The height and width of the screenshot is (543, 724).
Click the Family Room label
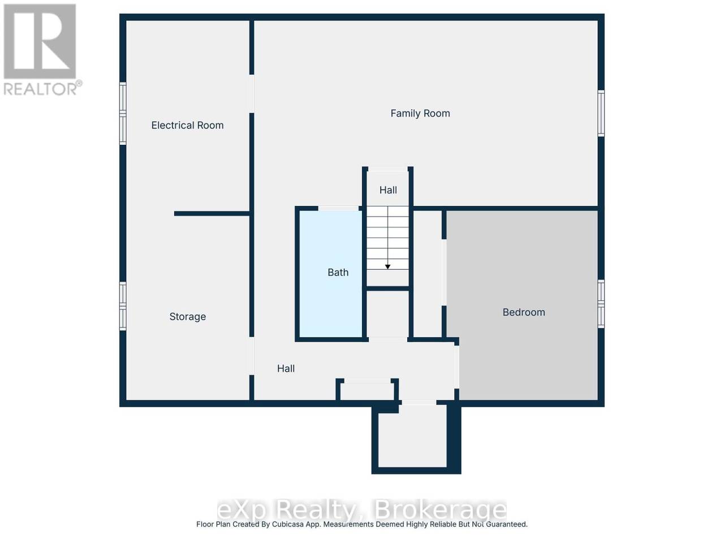pos(420,114)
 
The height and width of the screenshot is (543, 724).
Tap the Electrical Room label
pos(187,125)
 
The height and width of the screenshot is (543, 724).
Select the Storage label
pos(187,317)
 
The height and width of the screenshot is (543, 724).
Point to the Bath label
pos(338,272)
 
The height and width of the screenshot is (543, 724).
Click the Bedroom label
pos(523,312)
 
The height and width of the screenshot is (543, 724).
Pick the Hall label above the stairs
pos(388,190)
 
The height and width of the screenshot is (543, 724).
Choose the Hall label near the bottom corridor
pos(286,369)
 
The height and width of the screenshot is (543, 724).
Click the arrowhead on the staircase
pos(387,266)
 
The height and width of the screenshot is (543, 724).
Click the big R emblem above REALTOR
pos(40,41)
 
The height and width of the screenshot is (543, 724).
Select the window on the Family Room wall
pos(601,113)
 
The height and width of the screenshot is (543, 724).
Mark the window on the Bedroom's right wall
pos(601,304)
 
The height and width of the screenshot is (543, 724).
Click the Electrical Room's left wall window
pos(123,113)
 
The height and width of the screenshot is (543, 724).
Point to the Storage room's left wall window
pos(123,306)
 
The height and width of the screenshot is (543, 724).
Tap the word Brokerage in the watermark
pos(439,510)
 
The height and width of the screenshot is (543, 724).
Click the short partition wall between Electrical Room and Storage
pos(212,214)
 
